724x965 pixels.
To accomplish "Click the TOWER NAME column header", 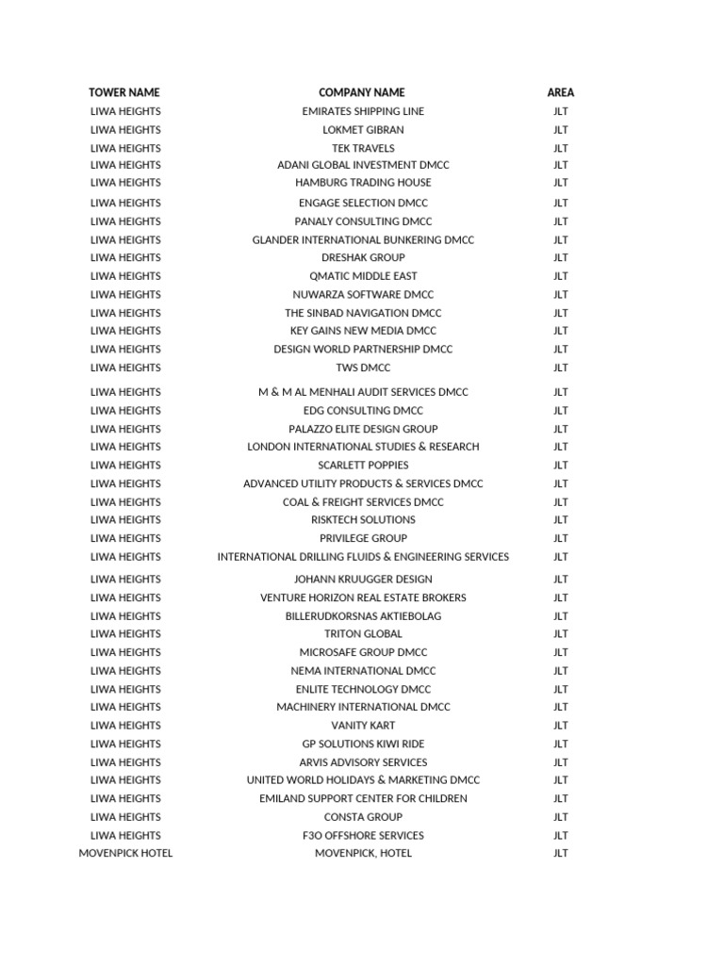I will (x=124, y=92).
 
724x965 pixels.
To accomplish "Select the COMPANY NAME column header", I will (x=362, y=92).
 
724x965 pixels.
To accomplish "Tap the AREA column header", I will (x=560, y=92).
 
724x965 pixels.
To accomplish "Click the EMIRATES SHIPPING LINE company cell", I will (x=363, y=111).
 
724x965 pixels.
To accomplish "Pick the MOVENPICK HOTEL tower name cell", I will (x=125, y=854).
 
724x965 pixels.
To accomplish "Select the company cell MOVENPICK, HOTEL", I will (x=363, y=854).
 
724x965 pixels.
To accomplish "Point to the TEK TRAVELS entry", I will (x=363, y=148).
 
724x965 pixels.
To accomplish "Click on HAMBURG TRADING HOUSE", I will (x=363, y=183).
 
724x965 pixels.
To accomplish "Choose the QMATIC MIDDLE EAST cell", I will (x=363, y=276).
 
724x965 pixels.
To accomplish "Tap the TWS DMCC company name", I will (x=363, y=368).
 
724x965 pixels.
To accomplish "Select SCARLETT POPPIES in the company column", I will (x=363, y=465).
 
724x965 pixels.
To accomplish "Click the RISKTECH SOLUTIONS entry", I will (x=363, y=519).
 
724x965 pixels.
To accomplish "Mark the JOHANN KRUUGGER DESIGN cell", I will (x=363, y=580).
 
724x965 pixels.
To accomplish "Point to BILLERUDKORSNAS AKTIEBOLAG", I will (x=363, y=616).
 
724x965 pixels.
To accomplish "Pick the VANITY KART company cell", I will (x=363, y=726).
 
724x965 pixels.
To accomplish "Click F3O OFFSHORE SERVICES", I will (x=363, y=836).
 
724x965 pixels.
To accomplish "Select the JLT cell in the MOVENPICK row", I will (x=561, y=854).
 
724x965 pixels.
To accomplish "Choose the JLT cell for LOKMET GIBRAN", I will (x=561, y=130).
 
